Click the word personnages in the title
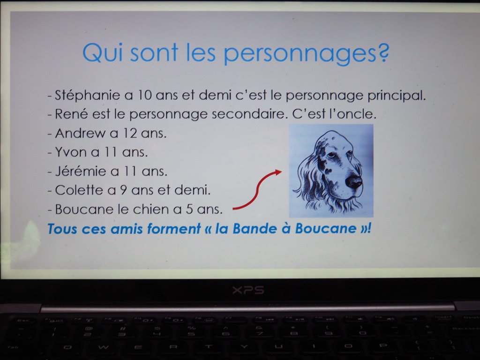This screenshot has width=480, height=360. (x=300, y=53)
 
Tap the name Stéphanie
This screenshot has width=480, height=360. (x=87, y=95)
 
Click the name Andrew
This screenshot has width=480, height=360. (x=80, y=133)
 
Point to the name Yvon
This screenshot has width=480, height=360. (x=70, y=152)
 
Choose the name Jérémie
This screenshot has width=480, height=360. (x=81, y=171)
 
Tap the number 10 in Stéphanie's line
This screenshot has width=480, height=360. (x=144, y=95)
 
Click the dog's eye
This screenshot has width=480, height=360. (x=331, y=155)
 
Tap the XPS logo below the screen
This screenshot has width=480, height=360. (x=248, y=290)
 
